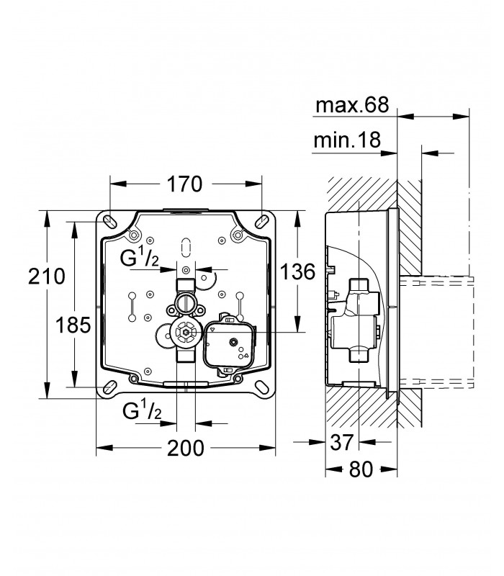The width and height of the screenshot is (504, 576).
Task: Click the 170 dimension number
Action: (184, 184)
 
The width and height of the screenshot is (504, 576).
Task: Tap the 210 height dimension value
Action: (47, 276)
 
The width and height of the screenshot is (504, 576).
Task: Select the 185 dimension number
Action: (73, 325)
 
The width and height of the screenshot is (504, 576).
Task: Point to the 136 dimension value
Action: (298, 272)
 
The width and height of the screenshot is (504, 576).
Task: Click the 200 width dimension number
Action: (186, 448)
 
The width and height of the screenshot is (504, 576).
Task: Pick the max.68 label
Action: (352, 105)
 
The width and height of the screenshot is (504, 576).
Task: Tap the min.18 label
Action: (347, 140)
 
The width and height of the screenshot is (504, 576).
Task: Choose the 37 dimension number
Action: (342, 442)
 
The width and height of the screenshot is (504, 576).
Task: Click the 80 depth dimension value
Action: (361, 469)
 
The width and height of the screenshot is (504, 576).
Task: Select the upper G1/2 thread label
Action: (140, 258)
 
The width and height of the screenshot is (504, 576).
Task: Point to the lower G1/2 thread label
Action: (142, 411)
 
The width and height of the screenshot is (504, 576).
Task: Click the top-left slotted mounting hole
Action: (109, 222)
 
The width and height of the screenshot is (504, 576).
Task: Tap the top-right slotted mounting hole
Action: (262, 222)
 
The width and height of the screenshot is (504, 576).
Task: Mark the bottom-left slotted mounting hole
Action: (109, 387)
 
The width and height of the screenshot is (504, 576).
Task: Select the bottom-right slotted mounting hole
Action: (262, 387)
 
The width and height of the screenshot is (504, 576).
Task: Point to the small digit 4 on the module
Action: (246, 355)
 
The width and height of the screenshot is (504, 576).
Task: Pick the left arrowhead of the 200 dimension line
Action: (104, 448)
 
